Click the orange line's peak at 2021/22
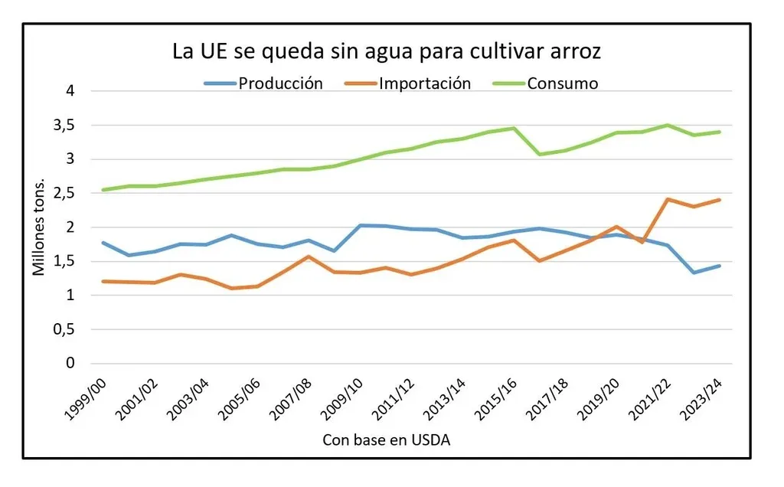(668, 199)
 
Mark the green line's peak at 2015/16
(514, 128)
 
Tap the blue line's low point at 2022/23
(694, 273)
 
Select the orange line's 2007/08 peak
(309, 257)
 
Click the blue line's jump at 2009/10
(360, 225)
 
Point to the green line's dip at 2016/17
(540, 154)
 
